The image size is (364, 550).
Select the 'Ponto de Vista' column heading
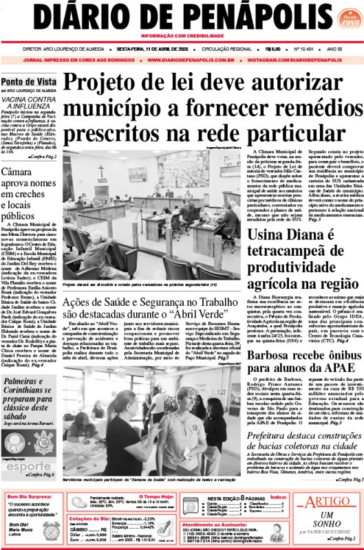tap(29, 80)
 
